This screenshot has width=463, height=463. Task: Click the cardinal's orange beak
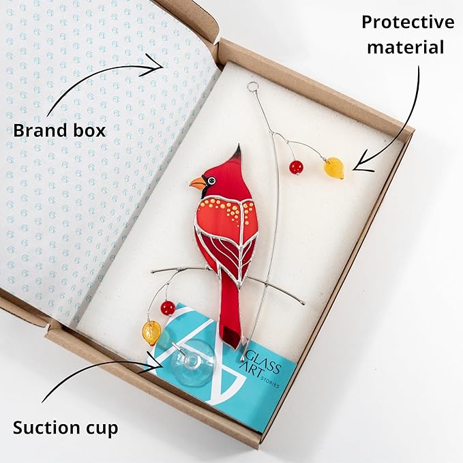coord(197,183)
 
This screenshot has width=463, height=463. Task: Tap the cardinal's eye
coord(211,181)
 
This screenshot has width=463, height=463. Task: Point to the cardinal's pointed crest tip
coord(238,145)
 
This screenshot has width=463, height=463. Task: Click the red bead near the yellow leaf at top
coord(296,168)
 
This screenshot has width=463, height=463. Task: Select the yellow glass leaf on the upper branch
coord(334,168)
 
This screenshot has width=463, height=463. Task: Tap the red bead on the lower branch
coord(168,308)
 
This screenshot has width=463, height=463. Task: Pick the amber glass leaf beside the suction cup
coord(152,333)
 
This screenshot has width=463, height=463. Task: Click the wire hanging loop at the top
coord(252,86)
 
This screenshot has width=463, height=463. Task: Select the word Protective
coord(408,22)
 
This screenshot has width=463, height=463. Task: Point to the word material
coord(406,47)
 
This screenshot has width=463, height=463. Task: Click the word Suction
coord(45,428)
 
